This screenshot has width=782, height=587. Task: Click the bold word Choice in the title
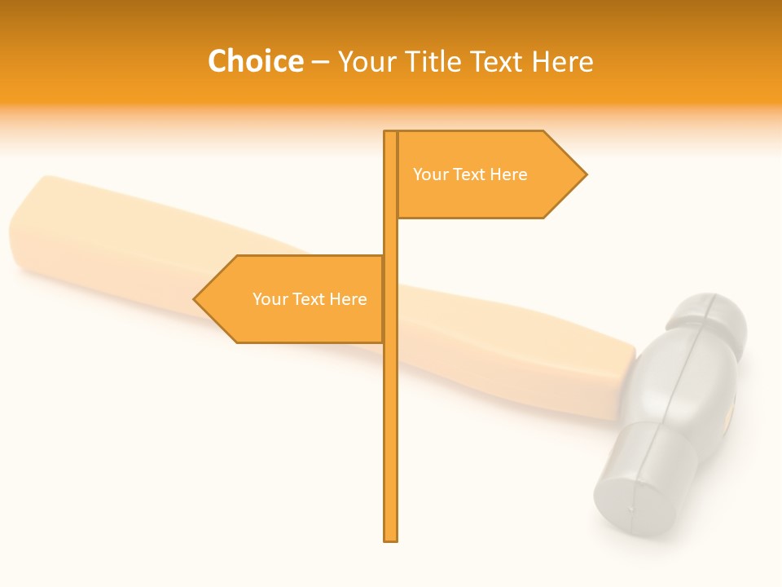coord(255,61)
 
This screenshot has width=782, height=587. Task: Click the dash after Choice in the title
coord(320,62)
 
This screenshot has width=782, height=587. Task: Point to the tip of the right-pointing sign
coord(585,174)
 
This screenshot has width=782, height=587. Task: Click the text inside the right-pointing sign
coord(470,174)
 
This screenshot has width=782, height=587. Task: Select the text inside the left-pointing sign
coord(310,299)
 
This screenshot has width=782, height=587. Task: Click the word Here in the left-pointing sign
coord(348,299)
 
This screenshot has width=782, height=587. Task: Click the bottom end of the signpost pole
coord(391,538)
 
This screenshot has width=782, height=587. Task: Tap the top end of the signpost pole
coord(391,134)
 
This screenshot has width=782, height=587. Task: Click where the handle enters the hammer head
coord(629,379)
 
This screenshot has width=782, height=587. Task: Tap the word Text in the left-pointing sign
coord(310,299)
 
